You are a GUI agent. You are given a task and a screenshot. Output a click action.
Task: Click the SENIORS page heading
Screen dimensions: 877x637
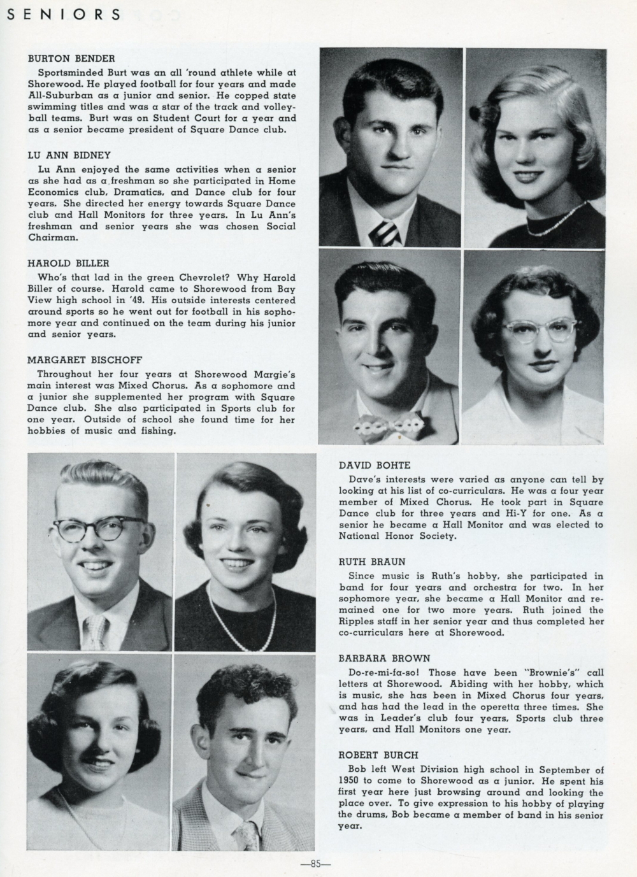pyautogui.click(x=63, y=15)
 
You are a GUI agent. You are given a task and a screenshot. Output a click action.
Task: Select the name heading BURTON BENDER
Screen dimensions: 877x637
pyautogui.click(x=70, y=58)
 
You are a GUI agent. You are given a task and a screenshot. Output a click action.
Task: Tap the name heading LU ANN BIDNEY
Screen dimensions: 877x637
pyautogui.click(x=69, y=155)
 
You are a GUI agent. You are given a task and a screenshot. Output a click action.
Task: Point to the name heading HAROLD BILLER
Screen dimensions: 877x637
pyautogui.click(x=68, y=263)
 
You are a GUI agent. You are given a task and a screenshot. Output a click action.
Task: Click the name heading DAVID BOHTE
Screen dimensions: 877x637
pyautogui.click(x=375, y=466)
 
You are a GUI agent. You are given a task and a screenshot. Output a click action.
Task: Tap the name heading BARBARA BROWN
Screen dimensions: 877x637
pyautogui.click(x=376, y=658)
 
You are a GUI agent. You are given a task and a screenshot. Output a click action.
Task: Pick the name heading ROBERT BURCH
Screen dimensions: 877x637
pyautogui.click(x=374, y=755)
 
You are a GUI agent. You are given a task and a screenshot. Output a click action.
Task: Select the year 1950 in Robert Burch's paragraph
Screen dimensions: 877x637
pyautogui.click(x=352, y=781)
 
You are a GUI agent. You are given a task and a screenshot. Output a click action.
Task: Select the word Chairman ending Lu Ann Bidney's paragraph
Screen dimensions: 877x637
pyautogui.click(x=52, y=237)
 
